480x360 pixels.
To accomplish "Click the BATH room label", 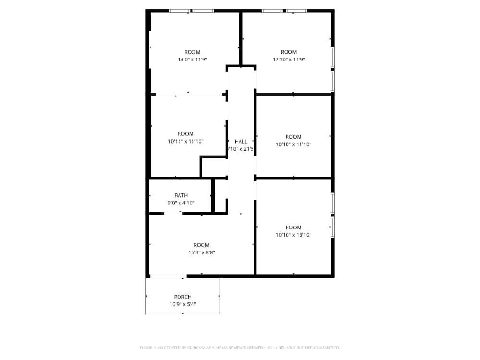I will tap(181, 195).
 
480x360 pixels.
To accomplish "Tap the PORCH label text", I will tap(182, 297).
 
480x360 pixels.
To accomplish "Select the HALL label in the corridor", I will tap(241, 141).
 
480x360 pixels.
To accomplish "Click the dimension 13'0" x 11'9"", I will tap(192, 60).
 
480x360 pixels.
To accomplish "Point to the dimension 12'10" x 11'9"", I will tap(288, 60).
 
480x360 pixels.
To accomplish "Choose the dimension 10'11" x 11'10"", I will tap(185, 141).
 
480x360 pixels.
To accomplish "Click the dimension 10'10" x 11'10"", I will tap(293, 144).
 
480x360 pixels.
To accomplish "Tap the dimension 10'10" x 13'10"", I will tap(293, 235).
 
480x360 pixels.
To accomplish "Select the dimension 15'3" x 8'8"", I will tap(201, 252).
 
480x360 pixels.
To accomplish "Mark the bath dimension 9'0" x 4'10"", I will tap(181, 203).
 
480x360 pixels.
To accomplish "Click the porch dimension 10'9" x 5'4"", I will tap(182, 304).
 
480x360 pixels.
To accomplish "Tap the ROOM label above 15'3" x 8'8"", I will tap(201, 245).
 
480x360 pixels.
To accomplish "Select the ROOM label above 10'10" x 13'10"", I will tap(293, 228).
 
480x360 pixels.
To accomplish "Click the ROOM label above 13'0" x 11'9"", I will tap(192, 52).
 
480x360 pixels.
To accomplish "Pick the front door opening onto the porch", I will tap(168, 276).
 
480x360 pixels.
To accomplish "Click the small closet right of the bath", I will tap(221, 195).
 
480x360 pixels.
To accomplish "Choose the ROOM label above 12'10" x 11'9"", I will tap(288, 52).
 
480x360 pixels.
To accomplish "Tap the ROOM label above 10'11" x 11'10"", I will tap(185, 134).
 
